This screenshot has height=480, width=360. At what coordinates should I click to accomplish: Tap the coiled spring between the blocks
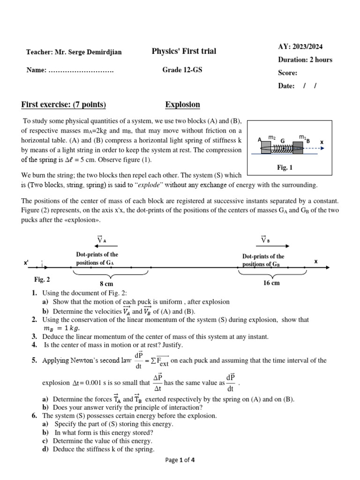282,148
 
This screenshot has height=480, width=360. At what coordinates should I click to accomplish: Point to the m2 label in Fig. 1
271,137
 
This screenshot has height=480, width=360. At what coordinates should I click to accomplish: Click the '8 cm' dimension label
107,284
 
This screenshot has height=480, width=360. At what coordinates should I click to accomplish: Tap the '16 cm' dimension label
272,283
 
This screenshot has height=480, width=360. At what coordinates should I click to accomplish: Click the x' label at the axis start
27,263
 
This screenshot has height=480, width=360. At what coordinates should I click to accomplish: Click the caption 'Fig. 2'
42,279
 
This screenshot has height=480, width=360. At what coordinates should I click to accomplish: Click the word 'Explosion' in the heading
182,105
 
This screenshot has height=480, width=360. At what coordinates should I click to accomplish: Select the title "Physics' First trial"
184,51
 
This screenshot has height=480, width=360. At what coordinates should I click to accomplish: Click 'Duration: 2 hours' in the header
305,60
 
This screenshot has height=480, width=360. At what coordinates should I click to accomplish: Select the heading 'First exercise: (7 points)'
64,105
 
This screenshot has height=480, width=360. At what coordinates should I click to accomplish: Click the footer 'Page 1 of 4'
180,460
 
